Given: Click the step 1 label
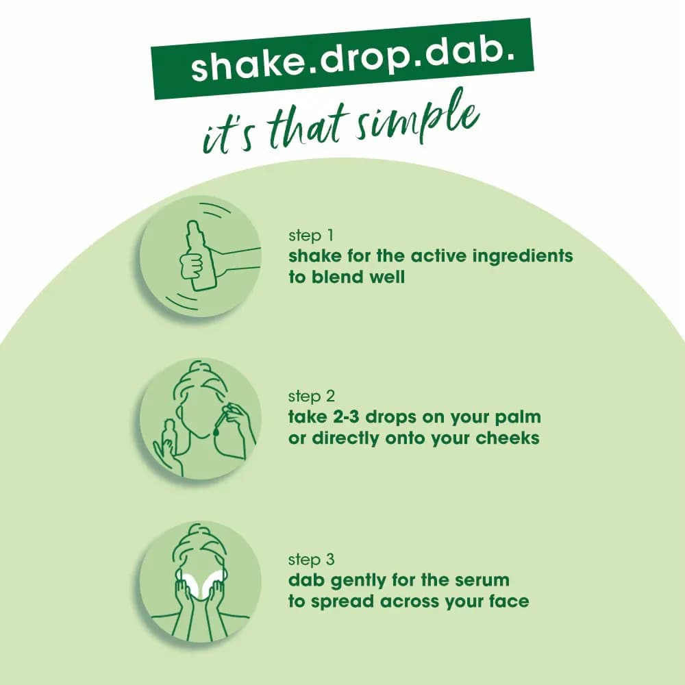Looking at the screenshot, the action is [311, 236].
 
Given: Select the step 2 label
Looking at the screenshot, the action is [312, 396].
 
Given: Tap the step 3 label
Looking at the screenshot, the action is [312, 560].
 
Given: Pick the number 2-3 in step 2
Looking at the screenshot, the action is [346, 416].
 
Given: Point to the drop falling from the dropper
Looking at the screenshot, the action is [216, 431].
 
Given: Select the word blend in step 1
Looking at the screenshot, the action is [338, 277].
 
